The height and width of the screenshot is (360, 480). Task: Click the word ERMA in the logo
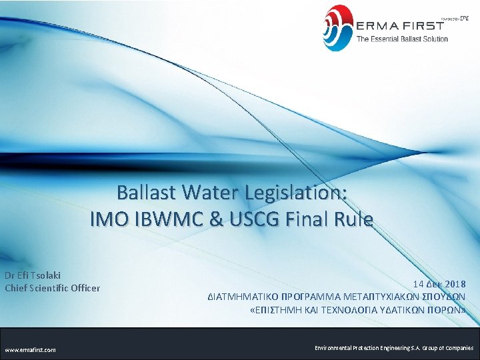click(x=377, y=26)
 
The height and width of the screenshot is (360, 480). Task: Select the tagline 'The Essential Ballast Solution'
click(x=402, y=39)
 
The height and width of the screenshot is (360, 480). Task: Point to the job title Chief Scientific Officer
click(x=53, y=288)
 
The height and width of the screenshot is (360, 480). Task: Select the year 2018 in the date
click(x=455, y=284)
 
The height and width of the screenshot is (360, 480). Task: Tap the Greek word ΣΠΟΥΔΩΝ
click(x=445, y=297)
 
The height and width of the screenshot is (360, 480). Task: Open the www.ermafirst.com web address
click(x=31, y=349)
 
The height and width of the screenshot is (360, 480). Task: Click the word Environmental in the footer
click(x=336, y=348)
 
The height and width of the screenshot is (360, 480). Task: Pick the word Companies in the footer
click(x=457, y=348)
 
